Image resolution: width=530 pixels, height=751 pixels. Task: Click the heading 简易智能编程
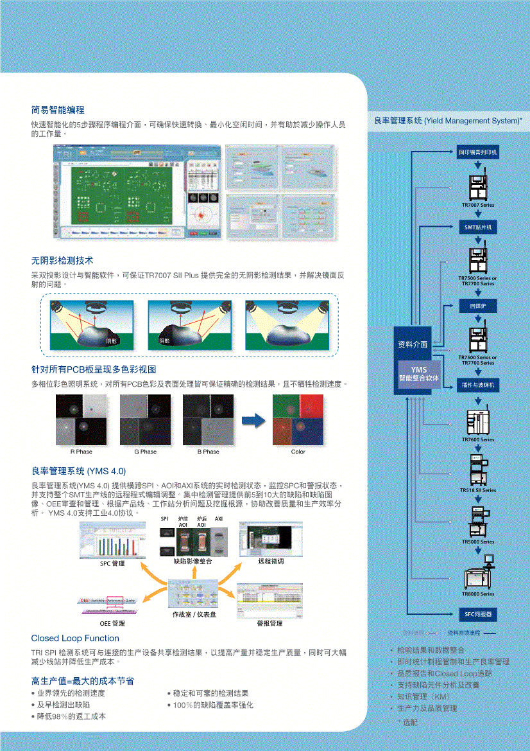click(x=58, y=110)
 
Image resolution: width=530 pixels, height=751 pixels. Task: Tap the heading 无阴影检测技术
click(x=62, y=260)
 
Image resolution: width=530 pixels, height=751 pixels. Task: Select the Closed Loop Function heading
click(x=75, y=638)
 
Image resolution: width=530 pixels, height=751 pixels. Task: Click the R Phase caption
click(x=81, y=452)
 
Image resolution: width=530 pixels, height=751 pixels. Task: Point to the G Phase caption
click(x=145, y=452)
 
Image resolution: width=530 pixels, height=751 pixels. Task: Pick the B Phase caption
click(x=208, y=452)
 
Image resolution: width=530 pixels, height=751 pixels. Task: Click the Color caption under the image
click(x=298, y=452)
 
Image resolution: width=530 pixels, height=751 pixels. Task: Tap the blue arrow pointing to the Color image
click(x=253, y=421)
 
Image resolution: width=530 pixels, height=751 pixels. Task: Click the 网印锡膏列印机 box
click(x=478, y=152)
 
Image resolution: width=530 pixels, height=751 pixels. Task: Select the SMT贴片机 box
click(x=478, y=227)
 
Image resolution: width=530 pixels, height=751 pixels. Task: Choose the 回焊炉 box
click(x=478, y=306)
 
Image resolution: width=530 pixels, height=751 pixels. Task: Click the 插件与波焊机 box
click(x=478, y=385)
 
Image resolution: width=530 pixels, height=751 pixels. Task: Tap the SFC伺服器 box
click(x=478, y=614)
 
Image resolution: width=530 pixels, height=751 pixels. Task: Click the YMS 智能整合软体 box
click(x=418, y=374)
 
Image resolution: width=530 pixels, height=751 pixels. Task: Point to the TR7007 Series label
click(x=478, y=205)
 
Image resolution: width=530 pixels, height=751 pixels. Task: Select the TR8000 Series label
click(x=478, y=594)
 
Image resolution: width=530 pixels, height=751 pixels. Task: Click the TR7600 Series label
click(x=478, y=439)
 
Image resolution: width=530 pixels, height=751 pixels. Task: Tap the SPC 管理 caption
click(x=112, y=563)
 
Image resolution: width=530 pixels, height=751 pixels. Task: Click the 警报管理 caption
click(x=269, y=623)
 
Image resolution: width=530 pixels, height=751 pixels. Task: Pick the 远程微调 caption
click(x=271, y=561)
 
